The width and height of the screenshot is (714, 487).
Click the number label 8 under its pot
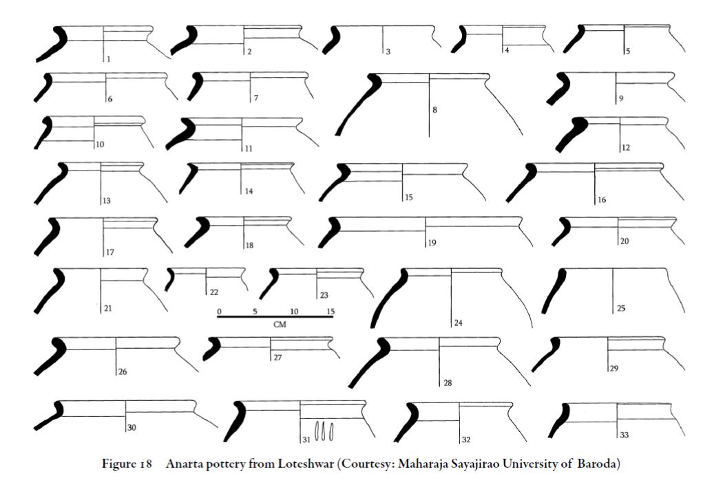pos(435,109)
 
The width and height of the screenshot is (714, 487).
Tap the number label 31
pos(306,440)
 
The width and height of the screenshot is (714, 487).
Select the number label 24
pos(458,323)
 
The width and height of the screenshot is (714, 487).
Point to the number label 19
pos(432,243)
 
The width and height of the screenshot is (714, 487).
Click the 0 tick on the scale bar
pos(219,312)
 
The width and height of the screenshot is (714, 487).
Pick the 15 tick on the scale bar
pos(330,312)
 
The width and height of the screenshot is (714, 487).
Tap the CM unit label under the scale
pos(280,324)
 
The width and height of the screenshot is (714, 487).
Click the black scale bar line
pos(275,316)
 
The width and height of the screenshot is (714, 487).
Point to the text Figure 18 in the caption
pos(127,464)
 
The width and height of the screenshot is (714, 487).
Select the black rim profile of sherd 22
pos(170,279)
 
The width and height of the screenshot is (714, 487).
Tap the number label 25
pos(621,308)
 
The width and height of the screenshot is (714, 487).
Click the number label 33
pos(624,435)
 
